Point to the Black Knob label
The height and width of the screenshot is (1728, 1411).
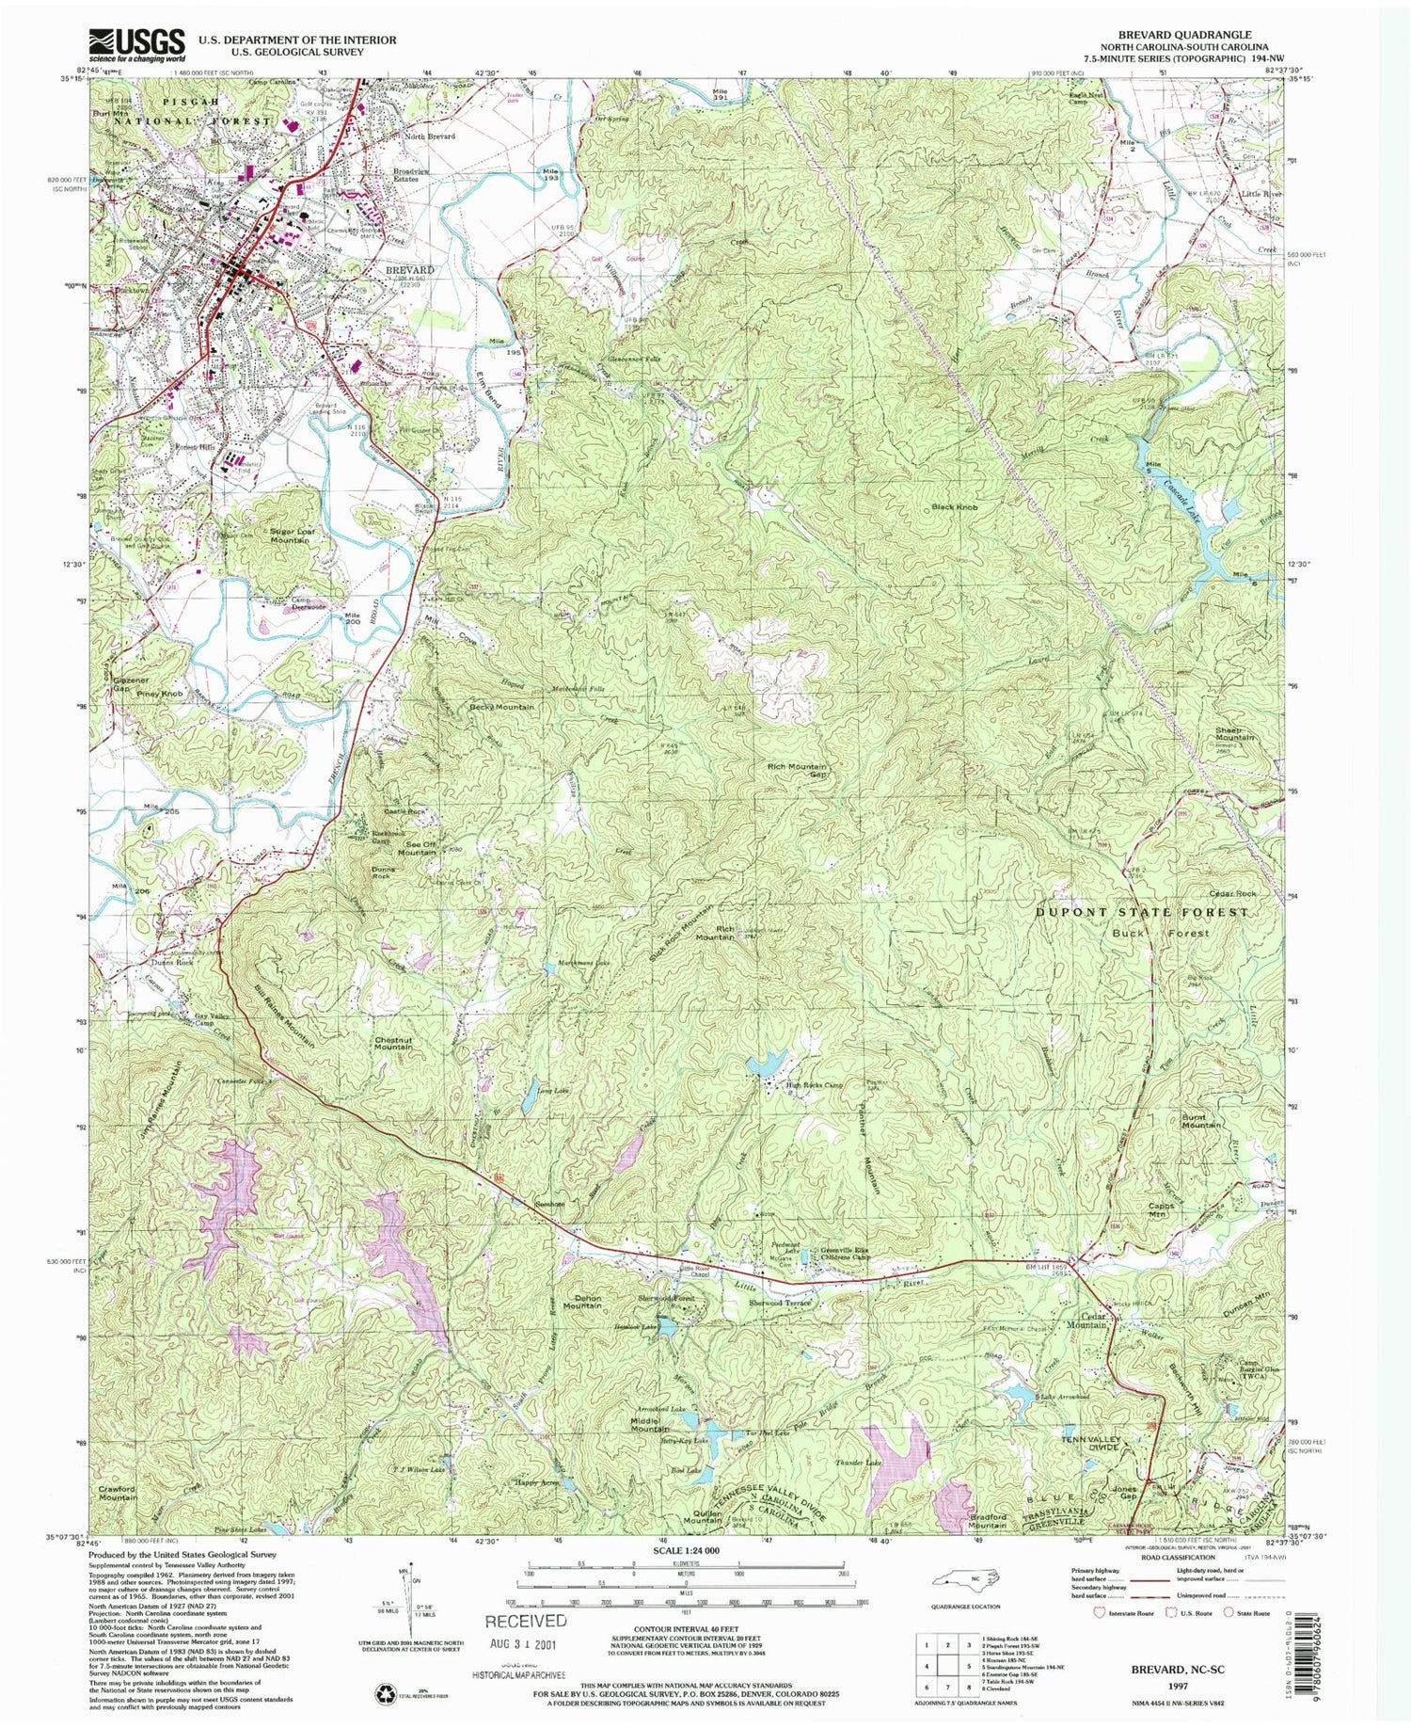point(955,507)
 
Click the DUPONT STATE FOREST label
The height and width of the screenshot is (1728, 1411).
point(1142,912)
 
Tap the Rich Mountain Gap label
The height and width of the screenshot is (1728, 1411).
point(799,771)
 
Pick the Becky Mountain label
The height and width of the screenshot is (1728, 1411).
point(501,707)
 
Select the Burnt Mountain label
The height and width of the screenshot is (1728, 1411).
point(1201,1120)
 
